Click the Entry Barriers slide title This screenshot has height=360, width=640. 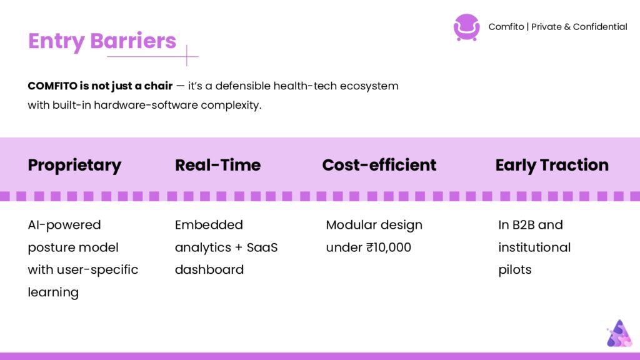(x=102, y=41)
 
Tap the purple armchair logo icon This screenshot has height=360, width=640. (x=466, y=27)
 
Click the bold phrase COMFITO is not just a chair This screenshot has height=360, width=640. (x=100, y=86)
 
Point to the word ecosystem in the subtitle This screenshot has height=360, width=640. (x=369, y=86)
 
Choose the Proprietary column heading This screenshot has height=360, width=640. (x=74, y=166)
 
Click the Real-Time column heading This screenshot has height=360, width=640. (x=217, y=165)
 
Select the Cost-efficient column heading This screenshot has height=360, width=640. (x=379, y=165)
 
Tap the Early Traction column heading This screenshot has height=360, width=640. (x=552, y=166)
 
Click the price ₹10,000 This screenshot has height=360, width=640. (x=389, y=247)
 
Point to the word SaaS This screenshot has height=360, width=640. (x=262, y=247)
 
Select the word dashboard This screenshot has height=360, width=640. (x=209, y=270)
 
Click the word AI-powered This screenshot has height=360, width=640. (x=64, y=225)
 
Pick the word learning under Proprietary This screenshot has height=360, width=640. (x=53, y=292)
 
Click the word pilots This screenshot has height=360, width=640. (x=515, y=270)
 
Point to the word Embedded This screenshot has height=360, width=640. (x=209, y=225)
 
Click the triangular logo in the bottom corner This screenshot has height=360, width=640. (x=619, y=334)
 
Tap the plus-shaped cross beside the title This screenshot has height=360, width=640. (x=187, y=56)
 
